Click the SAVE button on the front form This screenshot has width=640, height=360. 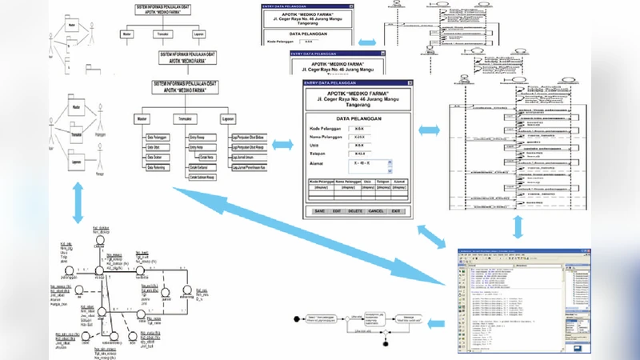pyautogui.click(x=319, y=210)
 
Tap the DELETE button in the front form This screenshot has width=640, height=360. pyautogui.click(x=355, y=210)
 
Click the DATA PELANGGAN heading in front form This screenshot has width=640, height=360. pyautogui.click(x=357, y=117)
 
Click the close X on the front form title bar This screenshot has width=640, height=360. pyautogui.click(x=410, y=82)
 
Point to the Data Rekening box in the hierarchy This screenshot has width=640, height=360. pyautogui.click(x=161, y=169)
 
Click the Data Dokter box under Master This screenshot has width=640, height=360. pyautogui.click(x=161, y=158)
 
